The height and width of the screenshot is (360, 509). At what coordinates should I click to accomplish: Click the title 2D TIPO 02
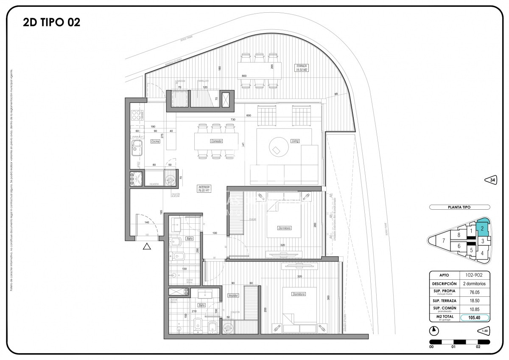(51, 22)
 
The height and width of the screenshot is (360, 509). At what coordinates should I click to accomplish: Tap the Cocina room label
(155, 141)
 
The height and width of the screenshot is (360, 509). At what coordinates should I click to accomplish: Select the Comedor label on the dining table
(216, 141)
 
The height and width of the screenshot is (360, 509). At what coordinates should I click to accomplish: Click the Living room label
(295, 141)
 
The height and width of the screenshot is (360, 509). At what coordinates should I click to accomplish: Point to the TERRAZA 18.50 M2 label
(302, 67)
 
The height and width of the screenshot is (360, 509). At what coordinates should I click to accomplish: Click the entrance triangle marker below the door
(147, 246)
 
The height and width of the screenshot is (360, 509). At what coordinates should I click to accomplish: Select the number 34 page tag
(491, 180)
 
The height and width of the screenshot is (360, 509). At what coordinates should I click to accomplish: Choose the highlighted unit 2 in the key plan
(483, 228)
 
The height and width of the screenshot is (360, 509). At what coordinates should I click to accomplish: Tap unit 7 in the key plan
(443, 241)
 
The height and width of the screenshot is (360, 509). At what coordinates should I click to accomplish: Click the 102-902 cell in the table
(475, 275)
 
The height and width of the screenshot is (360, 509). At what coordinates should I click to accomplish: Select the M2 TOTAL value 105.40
(475, 317)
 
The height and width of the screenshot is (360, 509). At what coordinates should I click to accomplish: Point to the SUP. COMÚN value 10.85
(475, 309)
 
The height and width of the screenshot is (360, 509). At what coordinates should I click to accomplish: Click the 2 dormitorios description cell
(475, 283)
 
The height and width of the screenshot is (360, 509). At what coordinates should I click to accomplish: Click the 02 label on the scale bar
(478, 347)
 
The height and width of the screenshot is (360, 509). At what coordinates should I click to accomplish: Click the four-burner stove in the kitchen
(137, 115)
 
